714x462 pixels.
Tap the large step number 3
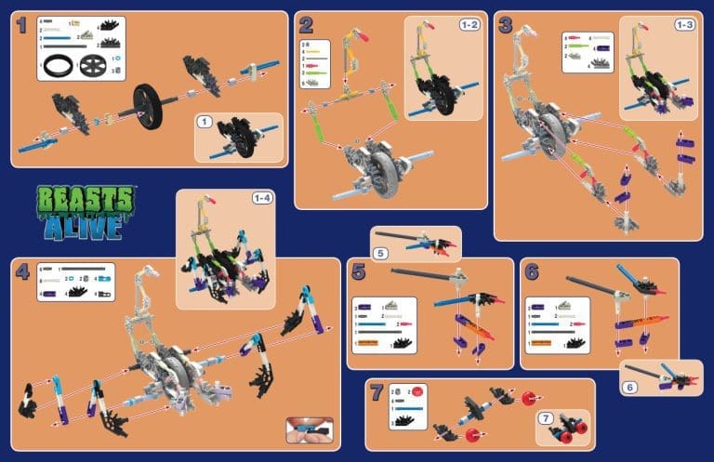point(506,25)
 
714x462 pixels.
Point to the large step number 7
point(376,392)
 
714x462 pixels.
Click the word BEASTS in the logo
point(86,198)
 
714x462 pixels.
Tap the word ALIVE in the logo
point(86,225)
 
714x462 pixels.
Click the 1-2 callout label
point(469,24)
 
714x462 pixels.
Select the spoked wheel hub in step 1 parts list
point(93,67)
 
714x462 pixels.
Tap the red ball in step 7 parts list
point(418,392)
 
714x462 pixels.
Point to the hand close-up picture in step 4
point(309,429)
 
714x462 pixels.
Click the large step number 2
point(306,25)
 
